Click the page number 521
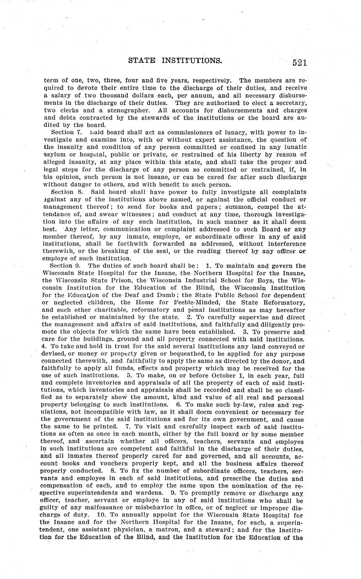click(300, 63)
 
